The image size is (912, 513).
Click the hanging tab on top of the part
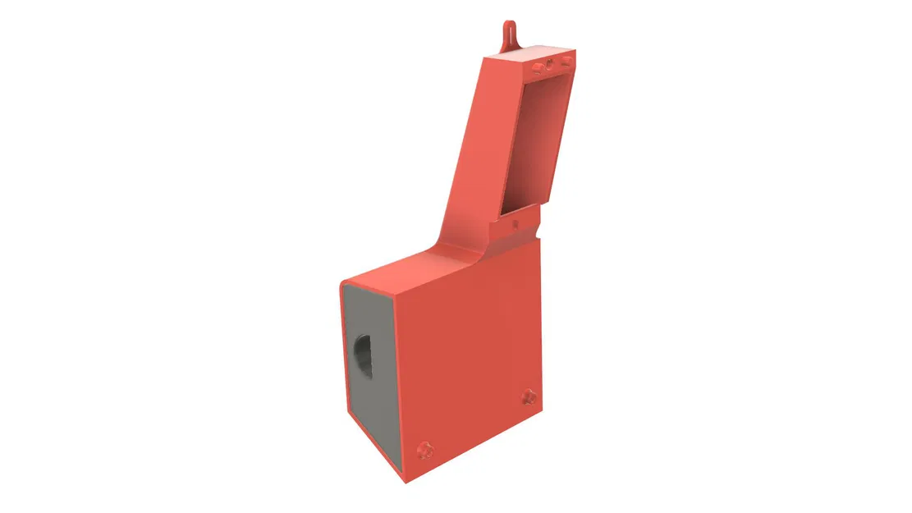(509, 32)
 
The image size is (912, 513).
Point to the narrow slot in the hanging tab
(509, 30)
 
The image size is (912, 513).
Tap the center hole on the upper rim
(551, 63)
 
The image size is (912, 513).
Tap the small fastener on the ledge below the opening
(515, 222)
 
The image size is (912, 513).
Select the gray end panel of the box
(369, 369)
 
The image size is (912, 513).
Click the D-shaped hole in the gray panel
(363, 355)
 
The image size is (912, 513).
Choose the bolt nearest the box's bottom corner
(424, 449)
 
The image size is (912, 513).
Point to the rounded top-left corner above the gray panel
(343, 282)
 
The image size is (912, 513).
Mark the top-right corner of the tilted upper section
(575, 51)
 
